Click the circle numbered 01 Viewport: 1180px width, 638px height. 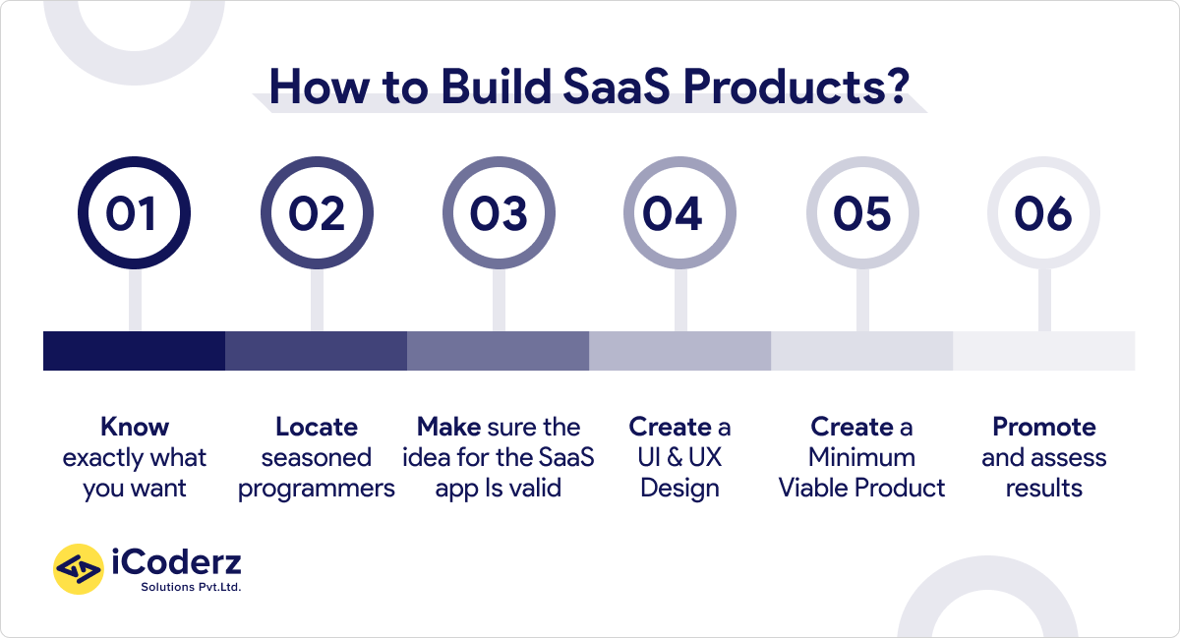click(x=133, y=214)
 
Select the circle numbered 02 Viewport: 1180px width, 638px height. click(x=316, y=214)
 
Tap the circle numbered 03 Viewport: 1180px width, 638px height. click(x=498, y=214)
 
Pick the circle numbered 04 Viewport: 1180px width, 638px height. click(x=679, y=214)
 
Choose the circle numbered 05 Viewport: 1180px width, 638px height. click(x=861, y=214)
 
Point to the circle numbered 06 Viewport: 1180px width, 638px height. click(x=1043, y=214)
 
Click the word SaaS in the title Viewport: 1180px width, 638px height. click(x=604, y=88)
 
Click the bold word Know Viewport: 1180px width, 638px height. click(x=135, y=428)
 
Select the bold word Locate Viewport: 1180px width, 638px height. click(x=317, y=428)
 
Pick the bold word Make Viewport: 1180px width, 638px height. click(x=448, y=428)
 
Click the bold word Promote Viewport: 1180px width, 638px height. click(x=1043, y=428)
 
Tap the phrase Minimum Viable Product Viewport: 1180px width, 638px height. click(x=861, y=473)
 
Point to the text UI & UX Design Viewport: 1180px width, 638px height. click(x=679, y=473)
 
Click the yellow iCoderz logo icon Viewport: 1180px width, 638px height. click(x=78, y=569)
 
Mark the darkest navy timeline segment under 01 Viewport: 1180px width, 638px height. click(x=134, y=351)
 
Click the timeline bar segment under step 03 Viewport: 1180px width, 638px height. click(x=498, y=351)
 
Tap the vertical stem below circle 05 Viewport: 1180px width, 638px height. click(x=862, y=300)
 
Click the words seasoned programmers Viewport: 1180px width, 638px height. click(x=317, y=473)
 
